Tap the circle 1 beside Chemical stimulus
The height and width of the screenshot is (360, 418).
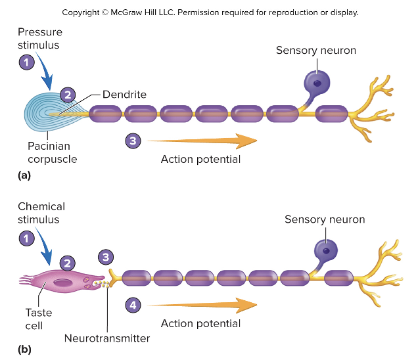pos(26,239)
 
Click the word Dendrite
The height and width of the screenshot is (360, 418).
pos(124,95)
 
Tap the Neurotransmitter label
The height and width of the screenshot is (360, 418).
pos(107,338)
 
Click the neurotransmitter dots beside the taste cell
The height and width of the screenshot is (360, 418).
pos(103,284)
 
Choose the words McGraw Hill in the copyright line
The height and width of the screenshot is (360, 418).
pos(156,12)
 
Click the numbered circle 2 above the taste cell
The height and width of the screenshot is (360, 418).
pos(67,262)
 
